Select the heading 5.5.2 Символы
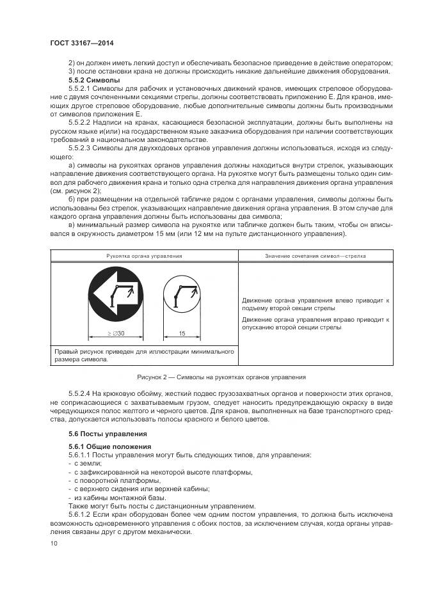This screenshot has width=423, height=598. pyautogui.click(x=94, y=81)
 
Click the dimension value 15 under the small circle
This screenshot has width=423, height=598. pyautogui.click(x=182, y=333)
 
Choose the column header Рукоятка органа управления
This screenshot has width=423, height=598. pyautogui.click(x=145, y=256)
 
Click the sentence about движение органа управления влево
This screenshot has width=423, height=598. pyautogui.click(x=316, y=303)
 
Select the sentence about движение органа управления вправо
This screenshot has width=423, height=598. pyautogui.click(x=316, y=322)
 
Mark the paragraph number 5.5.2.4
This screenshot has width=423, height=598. pyautogui.click(x=80, y=393)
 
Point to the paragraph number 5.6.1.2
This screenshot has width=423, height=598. pyautogui.click(x=79, y=514)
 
